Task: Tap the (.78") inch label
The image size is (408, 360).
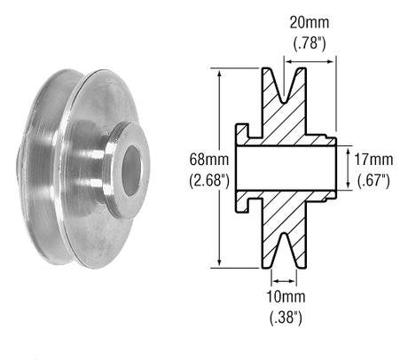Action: pyautogui.click(x=307, y=41)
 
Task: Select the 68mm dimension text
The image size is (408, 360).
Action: pyautogui.click(x=206, y=160)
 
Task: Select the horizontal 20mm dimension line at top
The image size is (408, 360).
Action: pyautogui.click(x=306, y=59)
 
